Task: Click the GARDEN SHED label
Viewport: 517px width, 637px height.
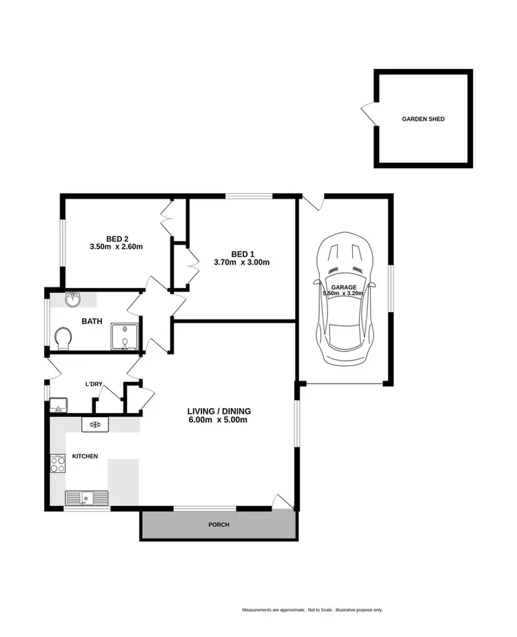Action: coord(423,119)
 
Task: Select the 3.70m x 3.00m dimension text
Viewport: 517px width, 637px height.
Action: coord(241,262)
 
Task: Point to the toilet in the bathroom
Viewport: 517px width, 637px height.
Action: coord(63,338)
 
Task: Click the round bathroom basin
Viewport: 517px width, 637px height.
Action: coord(74,300)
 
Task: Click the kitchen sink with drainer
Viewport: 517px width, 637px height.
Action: coord(87,497)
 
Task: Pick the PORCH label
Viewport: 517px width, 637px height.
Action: coord(219,525)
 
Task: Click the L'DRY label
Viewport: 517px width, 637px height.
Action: coord(94,383)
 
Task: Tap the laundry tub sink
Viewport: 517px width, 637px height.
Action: coord(59,405)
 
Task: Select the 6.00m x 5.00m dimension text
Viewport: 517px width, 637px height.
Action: coord(217,420)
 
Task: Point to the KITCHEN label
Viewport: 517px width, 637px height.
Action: coord(85,457)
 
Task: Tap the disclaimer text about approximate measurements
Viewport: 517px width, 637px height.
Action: coord(312,610)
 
